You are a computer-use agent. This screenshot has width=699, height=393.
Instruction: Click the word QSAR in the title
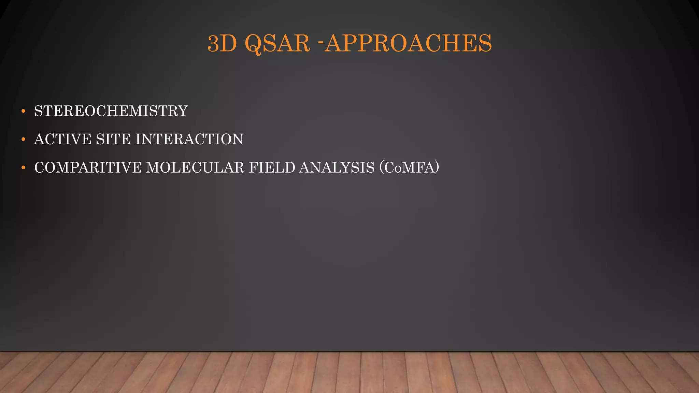coord(277,44)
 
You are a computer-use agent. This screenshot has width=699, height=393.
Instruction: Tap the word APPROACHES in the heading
coord(408,44)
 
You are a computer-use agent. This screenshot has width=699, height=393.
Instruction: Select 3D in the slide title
coord(222,44)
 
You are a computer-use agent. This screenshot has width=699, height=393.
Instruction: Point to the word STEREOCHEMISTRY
coord(111,111)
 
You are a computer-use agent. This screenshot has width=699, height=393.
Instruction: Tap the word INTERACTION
coord(189,140)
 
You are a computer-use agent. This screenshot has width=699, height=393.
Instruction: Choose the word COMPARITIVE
coord(88,168)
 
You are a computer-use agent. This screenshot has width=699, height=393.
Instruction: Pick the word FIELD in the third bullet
coord(272,168)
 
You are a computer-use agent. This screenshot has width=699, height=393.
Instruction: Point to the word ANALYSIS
coord(337,168)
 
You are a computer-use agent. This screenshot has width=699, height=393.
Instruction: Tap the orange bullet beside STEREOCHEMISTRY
coord(23,111)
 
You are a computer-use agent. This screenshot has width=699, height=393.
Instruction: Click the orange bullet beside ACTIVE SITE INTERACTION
coord(23,140)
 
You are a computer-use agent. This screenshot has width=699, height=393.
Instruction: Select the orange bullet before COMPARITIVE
coord(23,168)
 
